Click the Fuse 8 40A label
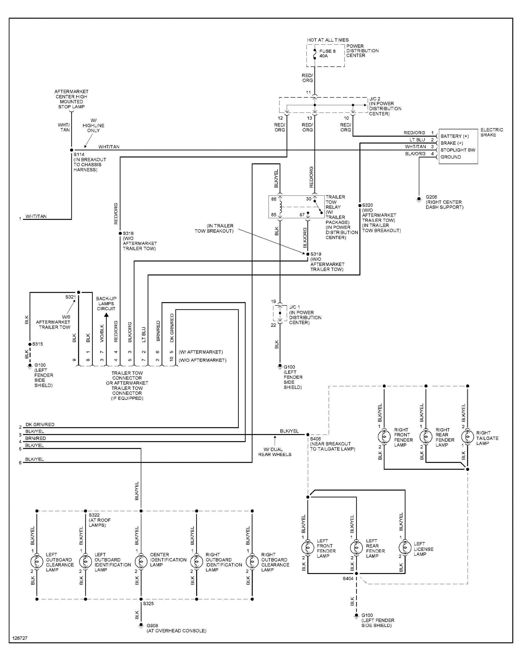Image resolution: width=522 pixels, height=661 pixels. [x=327, y=53]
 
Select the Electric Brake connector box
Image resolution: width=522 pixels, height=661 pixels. [x=458, y=146]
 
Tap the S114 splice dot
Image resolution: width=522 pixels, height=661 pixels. [x=72, y=150]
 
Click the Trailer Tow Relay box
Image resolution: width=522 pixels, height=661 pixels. [x=296, y=207]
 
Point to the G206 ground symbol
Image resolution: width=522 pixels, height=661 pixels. [x=419, y=199]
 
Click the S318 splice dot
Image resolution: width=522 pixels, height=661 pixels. [x=120, y=233]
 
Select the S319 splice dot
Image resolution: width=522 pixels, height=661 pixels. [x=308, y=254]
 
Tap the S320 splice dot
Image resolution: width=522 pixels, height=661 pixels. [x=360, y=206]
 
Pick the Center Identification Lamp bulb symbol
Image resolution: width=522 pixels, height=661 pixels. [x=141, y=561]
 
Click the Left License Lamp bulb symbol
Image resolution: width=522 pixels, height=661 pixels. [x=405, y=548]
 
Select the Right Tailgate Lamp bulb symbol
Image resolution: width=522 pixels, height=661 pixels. [x=467, y=437]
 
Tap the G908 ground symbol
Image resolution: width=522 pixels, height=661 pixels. [x=141, y=626]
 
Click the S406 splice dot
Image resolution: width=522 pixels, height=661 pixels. [x=308, y=435]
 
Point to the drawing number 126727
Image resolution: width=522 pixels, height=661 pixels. [x=20, y=638]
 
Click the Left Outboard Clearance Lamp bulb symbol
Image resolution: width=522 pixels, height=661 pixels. [x=37, y=561]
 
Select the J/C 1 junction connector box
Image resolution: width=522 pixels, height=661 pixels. [x=280, y=313]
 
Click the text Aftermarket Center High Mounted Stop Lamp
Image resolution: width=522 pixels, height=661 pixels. [x=71, y=99]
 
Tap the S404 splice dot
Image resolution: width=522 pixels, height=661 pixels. [x=356, y=573]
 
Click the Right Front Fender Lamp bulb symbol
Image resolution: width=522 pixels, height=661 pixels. [x=384, y=437]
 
